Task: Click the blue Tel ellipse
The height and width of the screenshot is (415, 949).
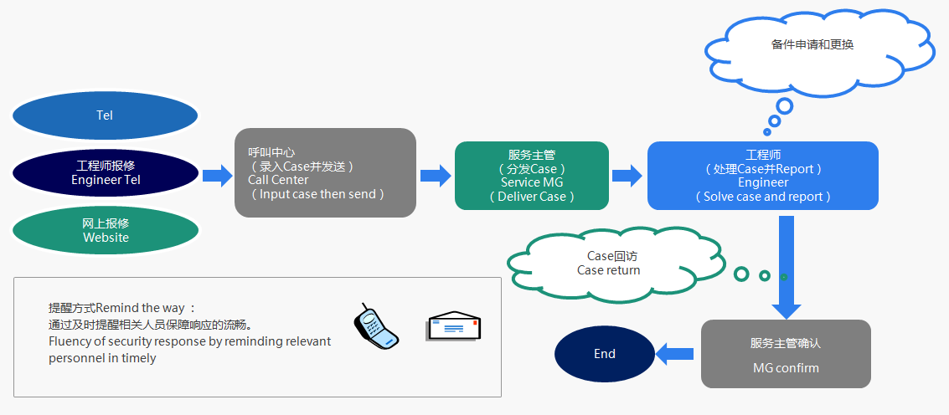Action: (105, 115)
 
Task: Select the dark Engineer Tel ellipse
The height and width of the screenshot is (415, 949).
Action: (106, 172)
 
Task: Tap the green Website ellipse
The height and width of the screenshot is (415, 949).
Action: (106, 230)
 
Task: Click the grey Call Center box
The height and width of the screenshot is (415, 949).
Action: (325, 173)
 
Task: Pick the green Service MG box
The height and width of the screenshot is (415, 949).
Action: (532, 176)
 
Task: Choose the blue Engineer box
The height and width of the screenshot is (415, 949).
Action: (762, 176)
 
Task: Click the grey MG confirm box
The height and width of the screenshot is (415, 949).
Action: (785, 354)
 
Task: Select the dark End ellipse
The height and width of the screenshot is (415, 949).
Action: (605, 354)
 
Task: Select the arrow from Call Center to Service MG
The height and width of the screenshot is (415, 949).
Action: (436, 175)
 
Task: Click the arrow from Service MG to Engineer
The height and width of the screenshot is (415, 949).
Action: (627, 175)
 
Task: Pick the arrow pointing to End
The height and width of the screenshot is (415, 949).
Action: (675, 354)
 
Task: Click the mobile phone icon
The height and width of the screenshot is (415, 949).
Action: (375, 325)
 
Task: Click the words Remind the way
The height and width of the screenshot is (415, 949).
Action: (145, 308)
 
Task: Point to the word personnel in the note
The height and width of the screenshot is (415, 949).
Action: (79, 358)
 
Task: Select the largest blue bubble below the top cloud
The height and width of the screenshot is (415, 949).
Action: (784, 106)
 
